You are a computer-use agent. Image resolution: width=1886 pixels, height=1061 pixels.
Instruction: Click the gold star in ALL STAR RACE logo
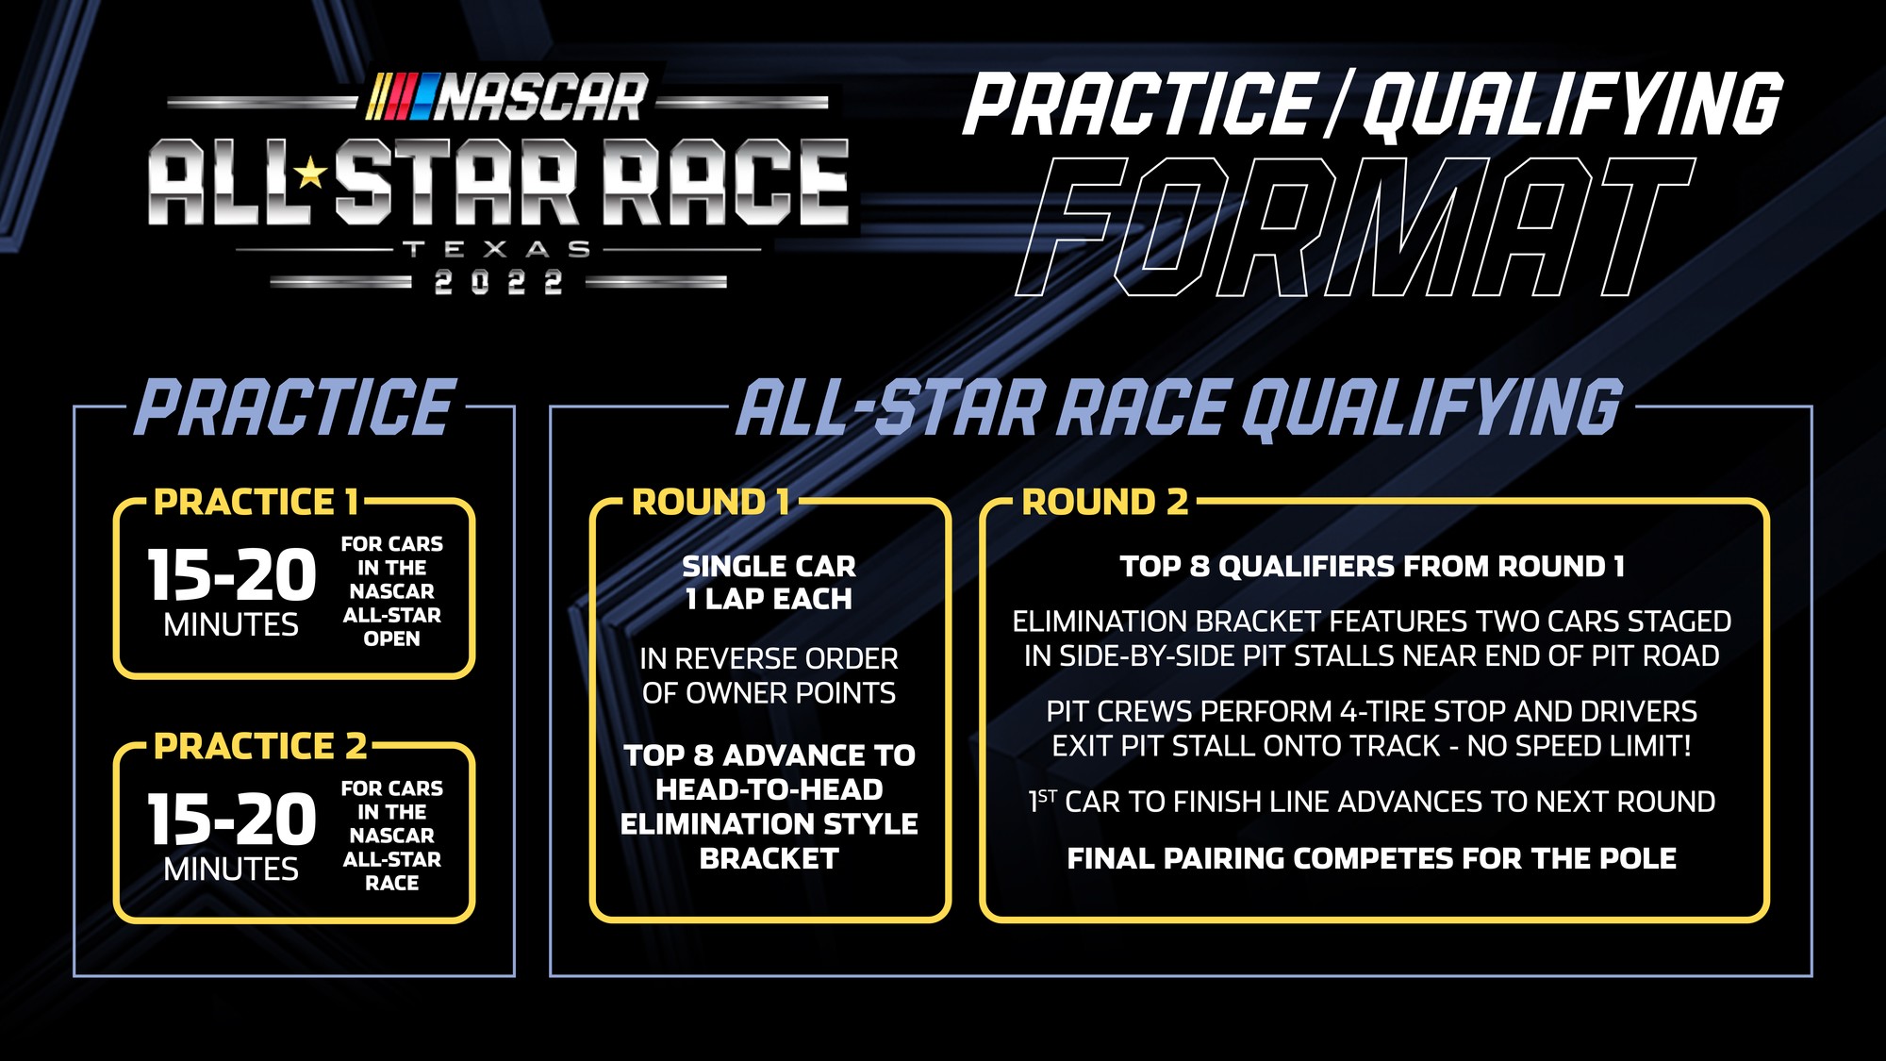point(309,174)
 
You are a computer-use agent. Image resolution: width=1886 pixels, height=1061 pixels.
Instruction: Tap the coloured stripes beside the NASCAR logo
point(400,97)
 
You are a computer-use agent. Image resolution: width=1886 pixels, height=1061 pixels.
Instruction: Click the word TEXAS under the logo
point(497,250)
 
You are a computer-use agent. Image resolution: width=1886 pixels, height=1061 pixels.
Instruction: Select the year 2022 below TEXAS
point(498,282)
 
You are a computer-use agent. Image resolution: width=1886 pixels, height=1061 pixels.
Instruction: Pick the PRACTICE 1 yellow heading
point(256,503)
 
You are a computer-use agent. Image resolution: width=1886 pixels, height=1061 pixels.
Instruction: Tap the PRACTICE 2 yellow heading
point(260,747)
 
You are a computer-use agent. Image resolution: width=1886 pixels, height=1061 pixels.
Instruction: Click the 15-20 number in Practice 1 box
point(232,575)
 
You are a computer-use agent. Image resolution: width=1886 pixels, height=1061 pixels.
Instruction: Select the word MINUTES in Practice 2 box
point(231,869)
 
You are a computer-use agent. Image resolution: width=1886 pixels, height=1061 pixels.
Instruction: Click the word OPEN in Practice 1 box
point(391,638)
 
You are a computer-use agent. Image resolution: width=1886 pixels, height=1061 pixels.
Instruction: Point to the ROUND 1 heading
point(711,503)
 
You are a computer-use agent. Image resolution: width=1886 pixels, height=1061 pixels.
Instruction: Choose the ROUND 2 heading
point(1105,503)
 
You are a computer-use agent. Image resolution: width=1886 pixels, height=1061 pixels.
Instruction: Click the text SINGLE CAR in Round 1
point(769,566)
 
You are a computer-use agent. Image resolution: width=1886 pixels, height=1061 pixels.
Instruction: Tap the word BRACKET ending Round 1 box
point(769,859)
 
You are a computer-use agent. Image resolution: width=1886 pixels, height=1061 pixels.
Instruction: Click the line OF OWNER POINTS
point(769,693)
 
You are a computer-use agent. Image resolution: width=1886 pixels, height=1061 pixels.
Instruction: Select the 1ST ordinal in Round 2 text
point(1042,802)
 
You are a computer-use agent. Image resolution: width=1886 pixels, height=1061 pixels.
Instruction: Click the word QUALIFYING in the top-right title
point(1571,106)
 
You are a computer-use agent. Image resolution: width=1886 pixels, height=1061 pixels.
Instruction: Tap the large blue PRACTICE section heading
point(296,407)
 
